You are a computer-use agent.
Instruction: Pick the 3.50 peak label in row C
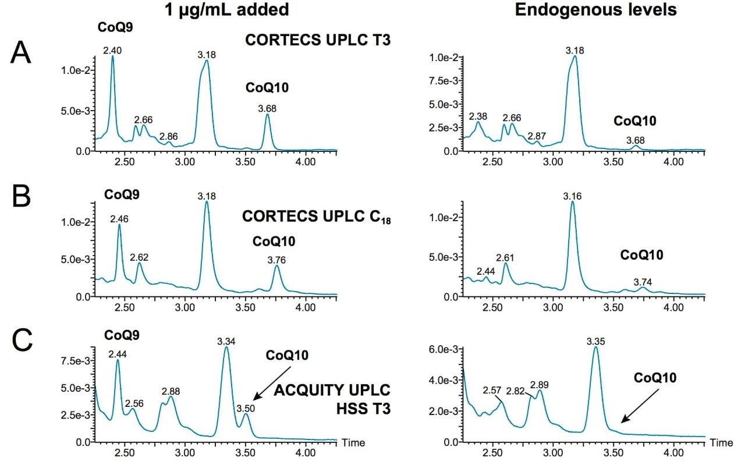pyautogui.click(x=246, y=408)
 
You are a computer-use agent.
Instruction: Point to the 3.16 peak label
pyautogui.click(x=572, y=197)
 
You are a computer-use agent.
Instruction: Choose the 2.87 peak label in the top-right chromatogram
pyautogui.click(x=537, y=136)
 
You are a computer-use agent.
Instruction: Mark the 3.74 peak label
pyautogui.click(x=643, y=282)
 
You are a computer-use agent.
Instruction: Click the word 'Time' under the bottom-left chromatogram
pyautogui.click(x=353, y=443)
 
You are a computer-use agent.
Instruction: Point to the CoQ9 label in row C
pyautogui.click(x=119, y=336)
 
